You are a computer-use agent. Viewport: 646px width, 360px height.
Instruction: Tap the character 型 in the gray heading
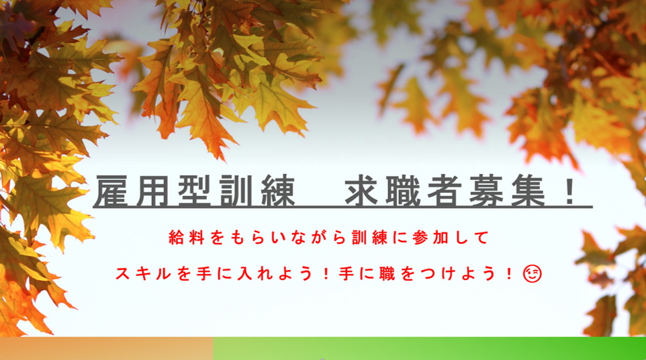(x=195, y=191)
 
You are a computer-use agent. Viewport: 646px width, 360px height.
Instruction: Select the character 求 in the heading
(x=362, y=191)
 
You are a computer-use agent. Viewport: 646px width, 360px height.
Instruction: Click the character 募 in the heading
(x=487, y=191)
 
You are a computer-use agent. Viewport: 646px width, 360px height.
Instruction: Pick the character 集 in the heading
(x=528, y=191)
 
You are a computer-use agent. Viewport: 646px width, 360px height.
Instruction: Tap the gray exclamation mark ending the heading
(x=570, y=191)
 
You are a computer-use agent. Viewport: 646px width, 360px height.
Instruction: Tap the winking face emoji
(x=533, y=273)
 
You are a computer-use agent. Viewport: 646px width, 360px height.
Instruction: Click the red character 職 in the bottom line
(x=387, y=273)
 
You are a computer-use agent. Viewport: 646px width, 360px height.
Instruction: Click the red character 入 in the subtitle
(x=244, y=273)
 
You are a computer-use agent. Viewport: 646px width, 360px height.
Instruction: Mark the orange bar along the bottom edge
(x=107, y=349)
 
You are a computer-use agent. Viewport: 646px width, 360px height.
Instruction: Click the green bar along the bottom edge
(x=430, y=349)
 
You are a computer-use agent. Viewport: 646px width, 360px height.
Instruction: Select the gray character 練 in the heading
(x=279, y=191)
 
